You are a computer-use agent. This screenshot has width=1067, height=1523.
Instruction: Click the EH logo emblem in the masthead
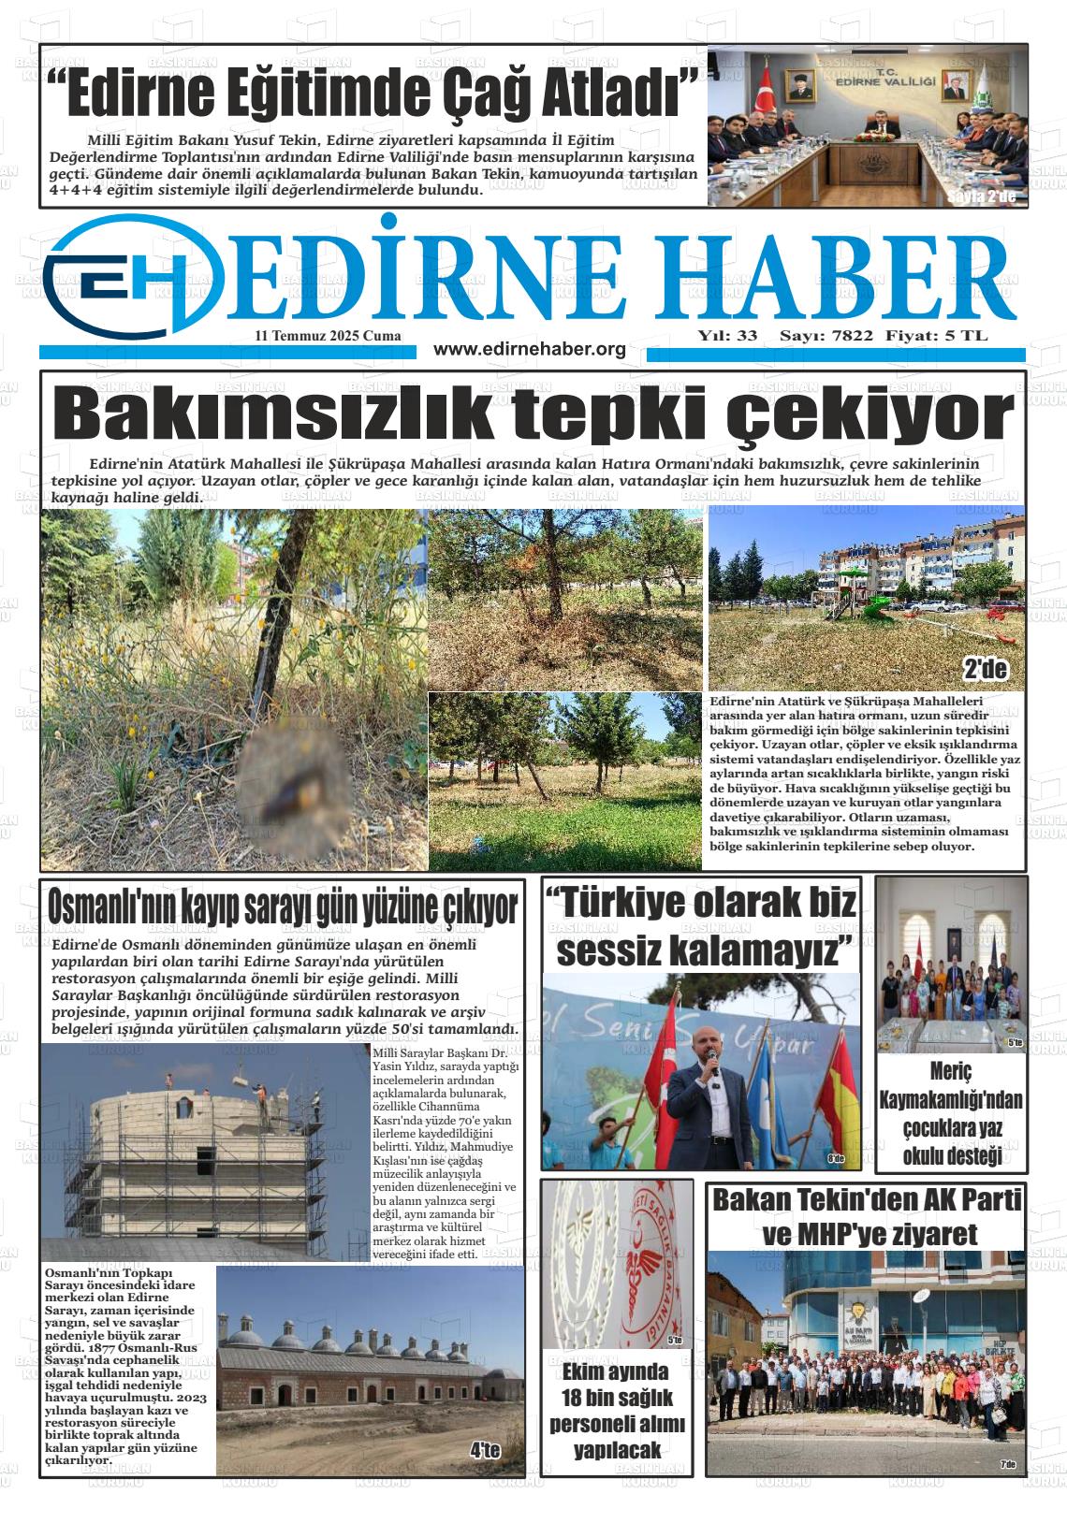click(x=131, y=274)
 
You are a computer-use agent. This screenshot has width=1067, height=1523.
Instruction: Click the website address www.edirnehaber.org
click(x=530, y=349)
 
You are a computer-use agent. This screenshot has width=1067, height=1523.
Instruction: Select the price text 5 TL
click(x=965, y=336)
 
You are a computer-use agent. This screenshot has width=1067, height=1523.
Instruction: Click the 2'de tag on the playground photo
click(x=985, y=669)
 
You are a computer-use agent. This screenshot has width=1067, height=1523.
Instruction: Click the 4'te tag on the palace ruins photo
click(x=486, y=1451)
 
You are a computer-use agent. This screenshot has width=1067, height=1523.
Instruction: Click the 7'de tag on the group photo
click(x=1007, y=1465)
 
